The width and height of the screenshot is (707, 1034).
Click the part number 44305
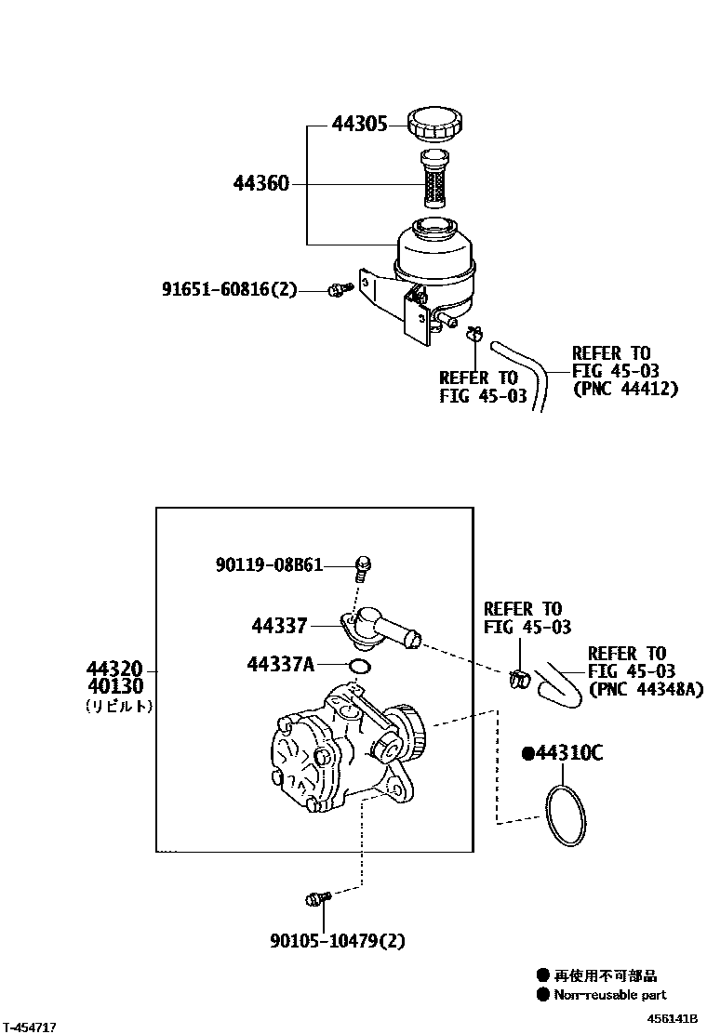[x=359, y=124]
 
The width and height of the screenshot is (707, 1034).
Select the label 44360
[x=261, y=184]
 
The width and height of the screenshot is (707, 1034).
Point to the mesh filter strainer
[x=435, y=179]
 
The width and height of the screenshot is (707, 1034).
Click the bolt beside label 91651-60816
[x=339, y=290]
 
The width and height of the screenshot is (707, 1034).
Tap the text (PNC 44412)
[x=625, y=389]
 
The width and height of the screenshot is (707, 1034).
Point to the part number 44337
[x=278, y=626]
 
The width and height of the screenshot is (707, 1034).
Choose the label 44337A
[x=281, y=664]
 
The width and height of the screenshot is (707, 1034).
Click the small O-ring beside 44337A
[x=360, y=666]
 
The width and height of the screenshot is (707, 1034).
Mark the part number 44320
[x=114, y=669]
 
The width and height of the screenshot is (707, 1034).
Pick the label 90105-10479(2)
[x=338, y=941]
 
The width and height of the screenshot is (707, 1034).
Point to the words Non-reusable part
[x=610, y=995]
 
